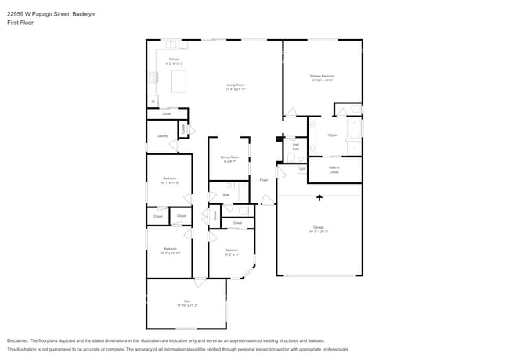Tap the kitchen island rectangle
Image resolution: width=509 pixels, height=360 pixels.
click(179, 81)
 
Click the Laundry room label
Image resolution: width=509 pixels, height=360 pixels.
click(162, 136)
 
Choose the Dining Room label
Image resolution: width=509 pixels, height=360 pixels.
click(230, 159)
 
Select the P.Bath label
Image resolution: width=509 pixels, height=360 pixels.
click(332, 135)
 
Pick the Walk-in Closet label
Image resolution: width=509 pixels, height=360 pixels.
click(334, 169)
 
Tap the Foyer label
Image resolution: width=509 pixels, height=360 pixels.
click(264, 180)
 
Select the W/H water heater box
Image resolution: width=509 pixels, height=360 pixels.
click(301, 167)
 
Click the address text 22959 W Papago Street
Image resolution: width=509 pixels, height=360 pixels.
click(41, 13)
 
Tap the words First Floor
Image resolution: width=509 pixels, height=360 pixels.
click(21, 23)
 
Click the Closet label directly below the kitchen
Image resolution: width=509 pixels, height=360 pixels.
click(167, 114)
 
